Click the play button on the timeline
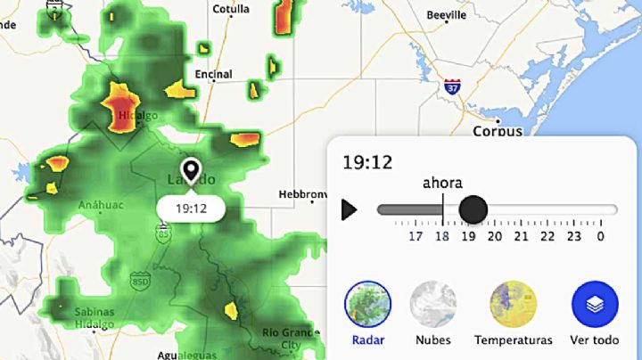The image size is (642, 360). [x=350, y=209]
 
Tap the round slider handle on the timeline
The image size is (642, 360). [x=473, y=209]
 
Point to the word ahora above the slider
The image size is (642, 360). [x=442, y=184]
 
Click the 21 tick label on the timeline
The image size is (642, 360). [x=521, y=236]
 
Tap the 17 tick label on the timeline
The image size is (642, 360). [x=416, y=236]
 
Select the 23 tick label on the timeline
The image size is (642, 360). [x=573, y=236]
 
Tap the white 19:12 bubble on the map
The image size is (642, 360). [x=191, y=209]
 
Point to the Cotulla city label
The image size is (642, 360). [x=232, y=9]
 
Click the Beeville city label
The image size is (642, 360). [x=447, y=15]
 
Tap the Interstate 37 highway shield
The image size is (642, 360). [x=452, y=87]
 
